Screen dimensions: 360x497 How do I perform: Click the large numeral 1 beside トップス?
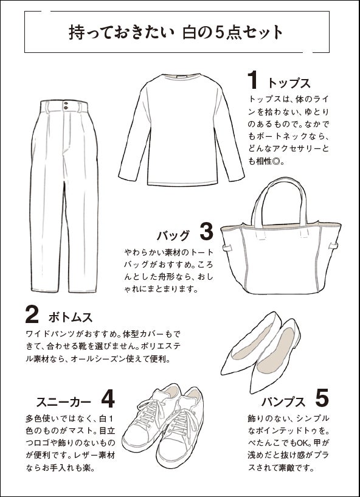(252, 80)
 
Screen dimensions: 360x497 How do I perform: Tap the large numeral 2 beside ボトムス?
(32, 315)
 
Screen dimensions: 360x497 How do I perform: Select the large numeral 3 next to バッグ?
(207, 232)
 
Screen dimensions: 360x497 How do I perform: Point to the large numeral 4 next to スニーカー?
(108, 398)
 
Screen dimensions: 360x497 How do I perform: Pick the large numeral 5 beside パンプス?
(322, 398)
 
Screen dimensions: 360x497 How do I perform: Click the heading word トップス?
(289, 83)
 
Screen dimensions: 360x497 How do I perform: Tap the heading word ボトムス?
(70, 318)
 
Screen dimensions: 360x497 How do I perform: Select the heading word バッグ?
(173, 235)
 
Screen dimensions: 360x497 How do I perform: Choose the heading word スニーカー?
(63, 401)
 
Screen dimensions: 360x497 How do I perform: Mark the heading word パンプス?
(283, 401)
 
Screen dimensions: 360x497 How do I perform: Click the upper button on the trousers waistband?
(66, 103)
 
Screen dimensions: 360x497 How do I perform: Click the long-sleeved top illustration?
(181, 130)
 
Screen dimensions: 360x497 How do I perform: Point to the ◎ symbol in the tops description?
(277, 161)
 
